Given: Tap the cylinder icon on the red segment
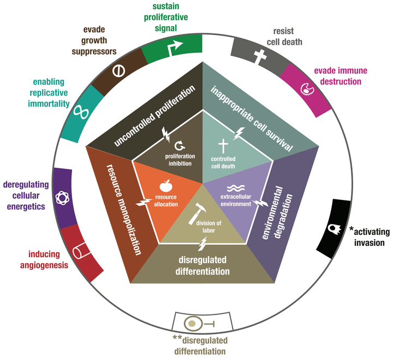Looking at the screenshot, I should coord(79,252).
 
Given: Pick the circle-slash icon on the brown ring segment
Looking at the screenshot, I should coord(119,70).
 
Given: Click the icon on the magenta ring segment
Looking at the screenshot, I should coord(309,88).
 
